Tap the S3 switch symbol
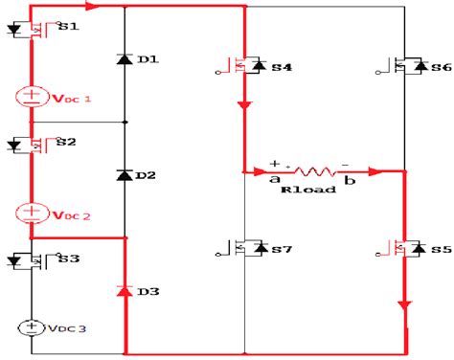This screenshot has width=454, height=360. (32, 259)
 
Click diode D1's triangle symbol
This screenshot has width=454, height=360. (125, 59)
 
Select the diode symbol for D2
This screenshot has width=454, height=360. (125, 175)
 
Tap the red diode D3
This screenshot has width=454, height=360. (125, 290)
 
